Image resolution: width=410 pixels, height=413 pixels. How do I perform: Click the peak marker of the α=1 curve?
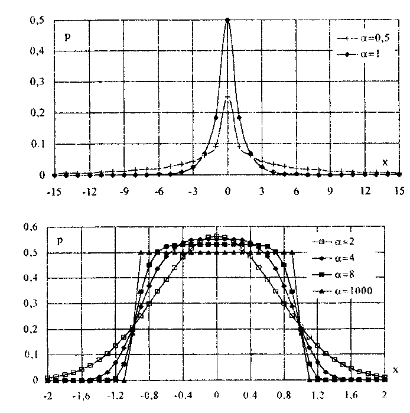(x=227, y=19)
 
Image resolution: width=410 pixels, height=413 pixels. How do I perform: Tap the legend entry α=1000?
(x=360, y=291)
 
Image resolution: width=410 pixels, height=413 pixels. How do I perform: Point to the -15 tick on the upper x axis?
(x=53, y=191)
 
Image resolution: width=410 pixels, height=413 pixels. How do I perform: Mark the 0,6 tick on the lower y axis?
(x=29, y=226)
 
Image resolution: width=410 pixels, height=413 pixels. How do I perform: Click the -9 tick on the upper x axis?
(x=123, y=191)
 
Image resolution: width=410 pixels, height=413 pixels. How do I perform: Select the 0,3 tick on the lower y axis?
(x=29, y=304)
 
